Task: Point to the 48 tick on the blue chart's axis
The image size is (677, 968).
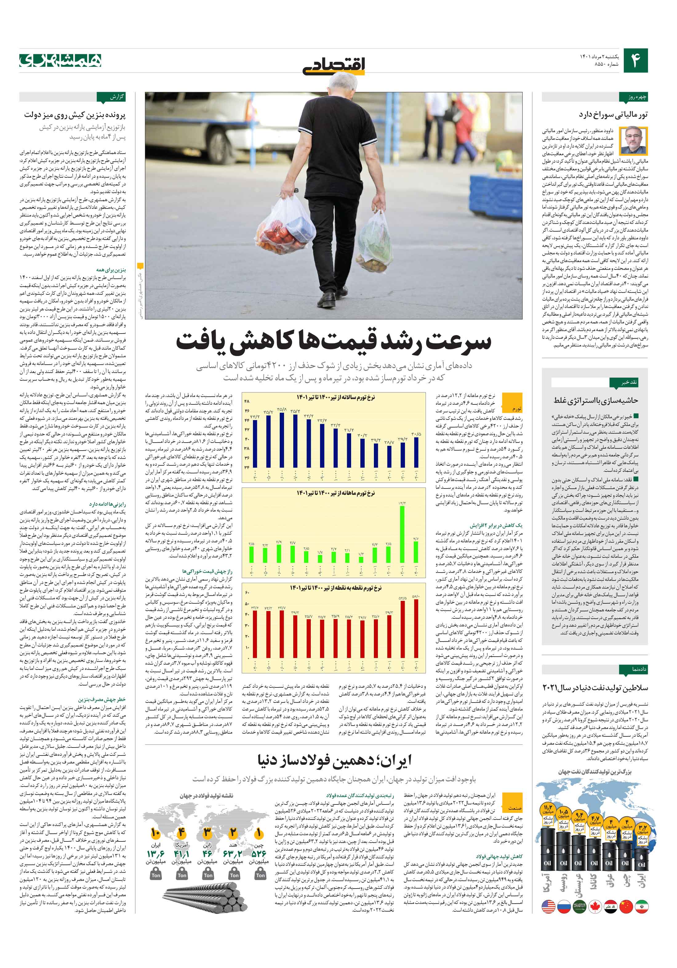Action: pyautogui.click(x=247, y=401)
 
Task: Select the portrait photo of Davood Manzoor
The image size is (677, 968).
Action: pyautogui.click(x=637, y=140)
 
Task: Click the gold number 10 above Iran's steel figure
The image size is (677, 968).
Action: pyautogui.click(x=155, y=833)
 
